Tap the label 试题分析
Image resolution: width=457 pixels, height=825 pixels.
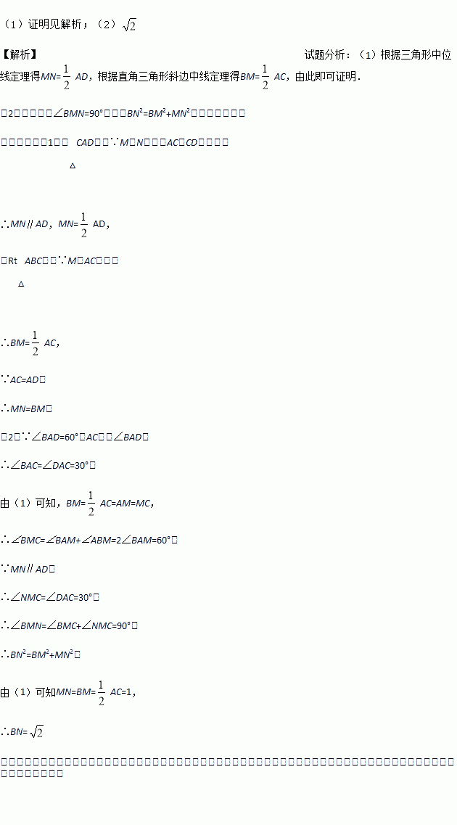point(326,54)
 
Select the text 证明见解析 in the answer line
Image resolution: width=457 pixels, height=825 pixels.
point(52,25)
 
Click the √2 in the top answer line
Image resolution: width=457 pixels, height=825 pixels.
point(130,25)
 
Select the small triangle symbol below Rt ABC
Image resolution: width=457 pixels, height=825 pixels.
point(21,284)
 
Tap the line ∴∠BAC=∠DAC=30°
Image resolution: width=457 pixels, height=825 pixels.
point(49,465)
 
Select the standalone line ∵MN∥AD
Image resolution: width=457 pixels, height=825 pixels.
point(28,569)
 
